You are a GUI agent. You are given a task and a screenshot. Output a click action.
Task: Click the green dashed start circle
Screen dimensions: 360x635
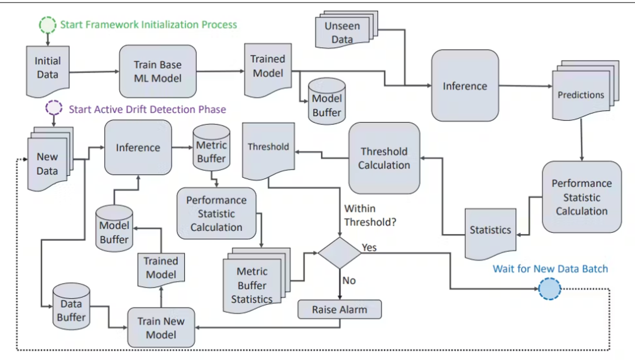(x=48, y=24)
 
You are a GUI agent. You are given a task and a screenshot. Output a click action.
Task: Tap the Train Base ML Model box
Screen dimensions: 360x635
(x=157, y=71)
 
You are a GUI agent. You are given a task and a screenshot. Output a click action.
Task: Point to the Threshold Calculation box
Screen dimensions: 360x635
(x=384, y=158)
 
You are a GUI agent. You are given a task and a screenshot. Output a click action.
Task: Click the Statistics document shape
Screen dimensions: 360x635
(x=490, y=231)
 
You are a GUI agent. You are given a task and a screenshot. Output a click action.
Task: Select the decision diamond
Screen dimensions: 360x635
(x=339, y=253)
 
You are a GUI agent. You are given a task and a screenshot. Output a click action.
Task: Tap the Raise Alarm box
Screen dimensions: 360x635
(x=339, y=310)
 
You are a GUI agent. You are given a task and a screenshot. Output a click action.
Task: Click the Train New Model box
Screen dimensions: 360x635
(x=161, y=328)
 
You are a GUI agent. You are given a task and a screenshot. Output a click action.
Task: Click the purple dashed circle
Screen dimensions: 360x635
(x=53, y=108)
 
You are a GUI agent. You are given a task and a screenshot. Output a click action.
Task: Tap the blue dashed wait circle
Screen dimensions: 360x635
(x=550, y=289)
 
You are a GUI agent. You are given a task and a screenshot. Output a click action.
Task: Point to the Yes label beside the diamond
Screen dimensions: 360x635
(x=369, y=247)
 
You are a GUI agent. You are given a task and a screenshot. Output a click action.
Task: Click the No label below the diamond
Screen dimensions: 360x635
(x=349, y=281)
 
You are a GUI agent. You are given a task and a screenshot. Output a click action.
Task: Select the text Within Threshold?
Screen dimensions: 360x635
(x=370, y=215)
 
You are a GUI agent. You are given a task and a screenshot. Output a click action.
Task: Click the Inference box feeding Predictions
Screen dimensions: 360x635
(x=465, y=86)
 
